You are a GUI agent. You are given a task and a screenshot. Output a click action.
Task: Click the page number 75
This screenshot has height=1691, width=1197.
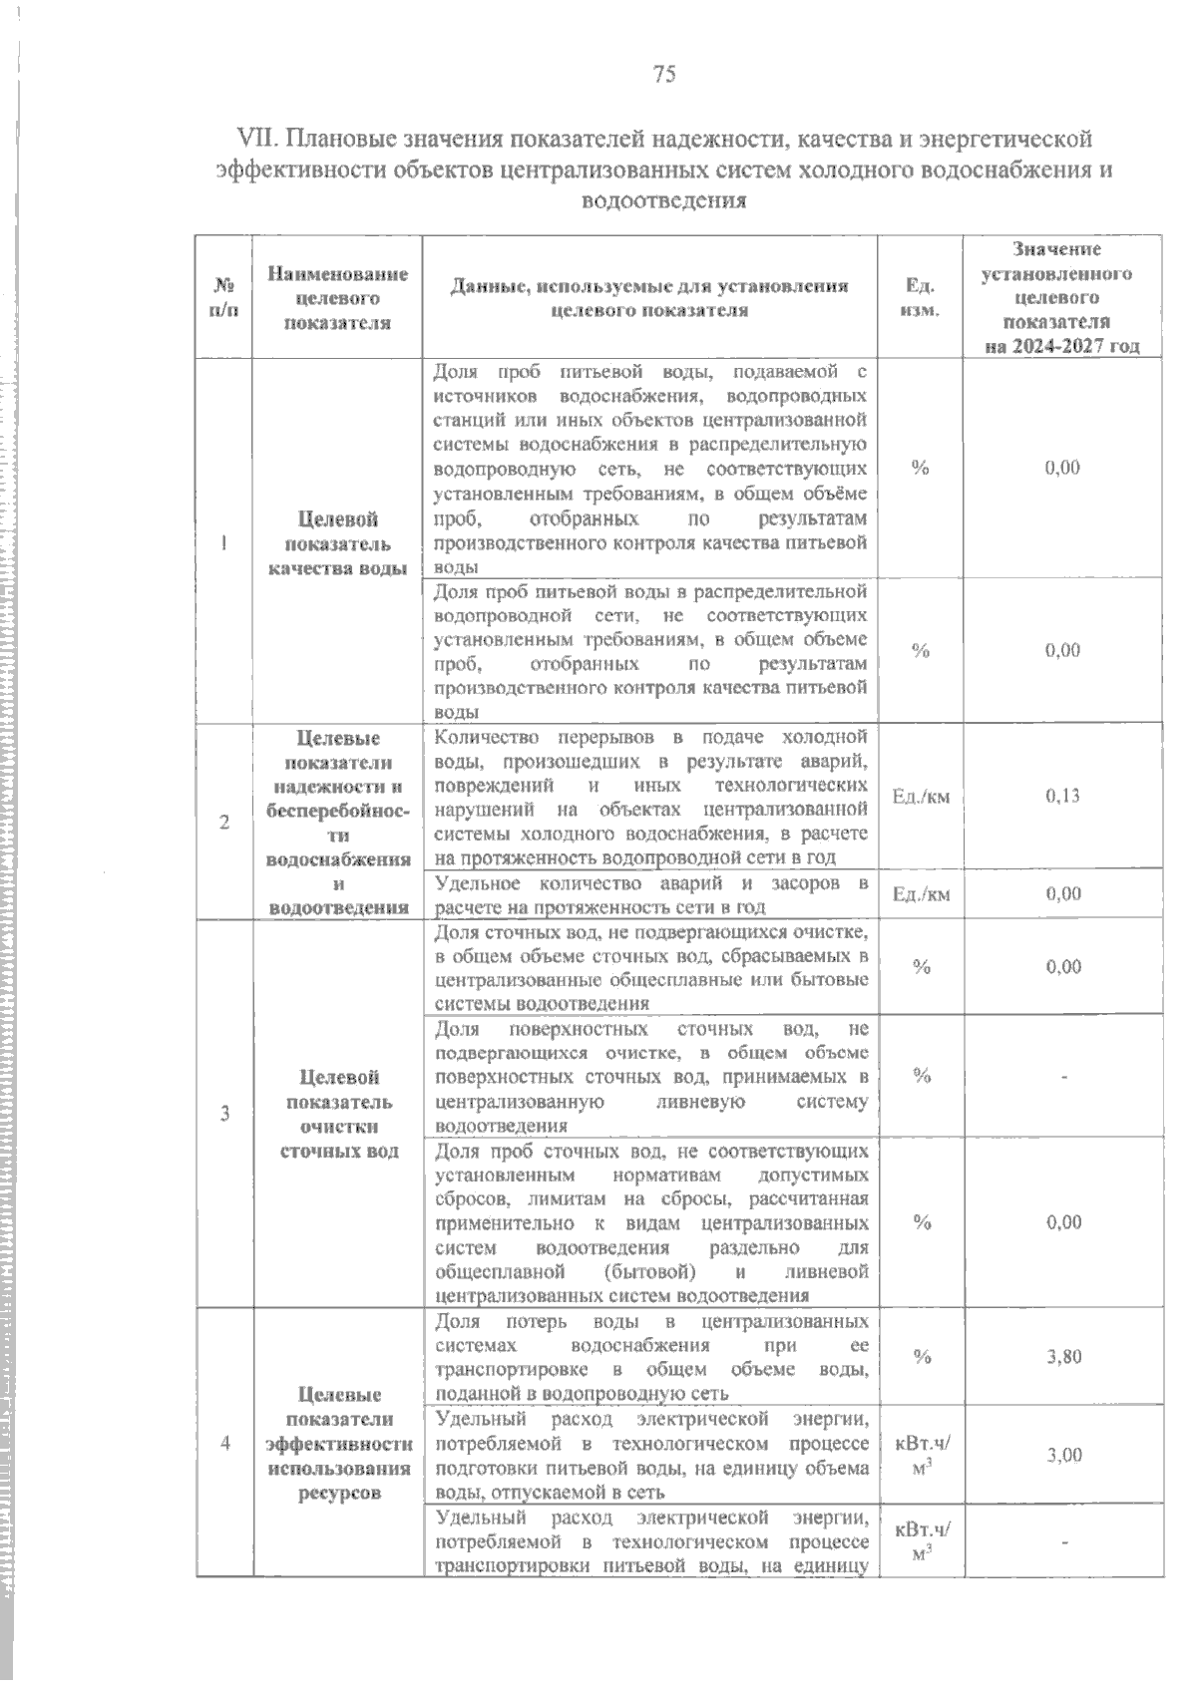tap(664, 74)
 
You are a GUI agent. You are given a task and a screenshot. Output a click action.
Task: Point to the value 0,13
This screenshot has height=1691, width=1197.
tap(1063, 796)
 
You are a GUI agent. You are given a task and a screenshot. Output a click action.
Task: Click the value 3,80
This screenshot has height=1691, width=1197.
tap(1064, 1356)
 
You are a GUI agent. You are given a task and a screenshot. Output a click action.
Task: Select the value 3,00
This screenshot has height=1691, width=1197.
tap(1064, 1455)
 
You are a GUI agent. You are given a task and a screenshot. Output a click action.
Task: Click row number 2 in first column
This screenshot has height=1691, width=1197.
tap(224, 822)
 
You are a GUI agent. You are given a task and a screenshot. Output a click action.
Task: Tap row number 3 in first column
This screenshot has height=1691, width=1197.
tap(224, 1113)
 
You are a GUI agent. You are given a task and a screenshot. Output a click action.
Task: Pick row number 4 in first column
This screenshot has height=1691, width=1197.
tap(224, 1443)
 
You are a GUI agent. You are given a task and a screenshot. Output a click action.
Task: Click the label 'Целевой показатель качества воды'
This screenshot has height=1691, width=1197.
tap(338, 544)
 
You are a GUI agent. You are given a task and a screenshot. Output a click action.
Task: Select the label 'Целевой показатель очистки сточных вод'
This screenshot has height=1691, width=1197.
tap(338, 1114)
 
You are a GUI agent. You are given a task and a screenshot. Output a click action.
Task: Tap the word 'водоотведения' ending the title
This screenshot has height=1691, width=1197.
tap(664, 200)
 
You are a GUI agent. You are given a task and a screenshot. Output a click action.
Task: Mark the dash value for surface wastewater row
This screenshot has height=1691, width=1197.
tap(1064, 1077)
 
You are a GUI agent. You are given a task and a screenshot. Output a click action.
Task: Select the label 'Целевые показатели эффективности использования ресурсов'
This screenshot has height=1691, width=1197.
tap(338, 1443)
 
